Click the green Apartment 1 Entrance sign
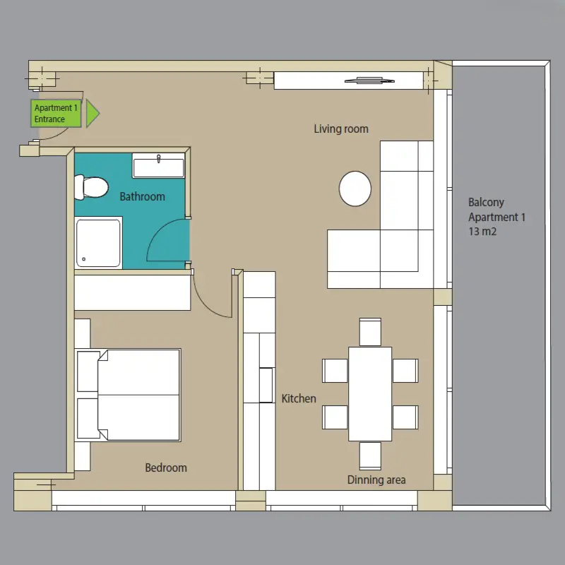[56, 113]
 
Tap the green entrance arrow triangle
[93, 113]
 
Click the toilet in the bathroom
[91, 187]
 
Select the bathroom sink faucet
[158, 158]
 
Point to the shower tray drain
[84, 259]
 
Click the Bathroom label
[143, 197]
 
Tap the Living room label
[341, 129]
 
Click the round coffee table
[355, 189]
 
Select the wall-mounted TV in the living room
[369, 81]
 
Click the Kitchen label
[299, 398]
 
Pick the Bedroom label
[166, 468]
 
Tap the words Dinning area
[376, 480]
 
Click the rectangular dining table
[370, 394]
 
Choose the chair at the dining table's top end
[370, 332]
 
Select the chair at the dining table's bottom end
[370, 456]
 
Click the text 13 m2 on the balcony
[482, 232]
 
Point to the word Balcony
[486, 202]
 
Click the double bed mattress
[138, 395]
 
